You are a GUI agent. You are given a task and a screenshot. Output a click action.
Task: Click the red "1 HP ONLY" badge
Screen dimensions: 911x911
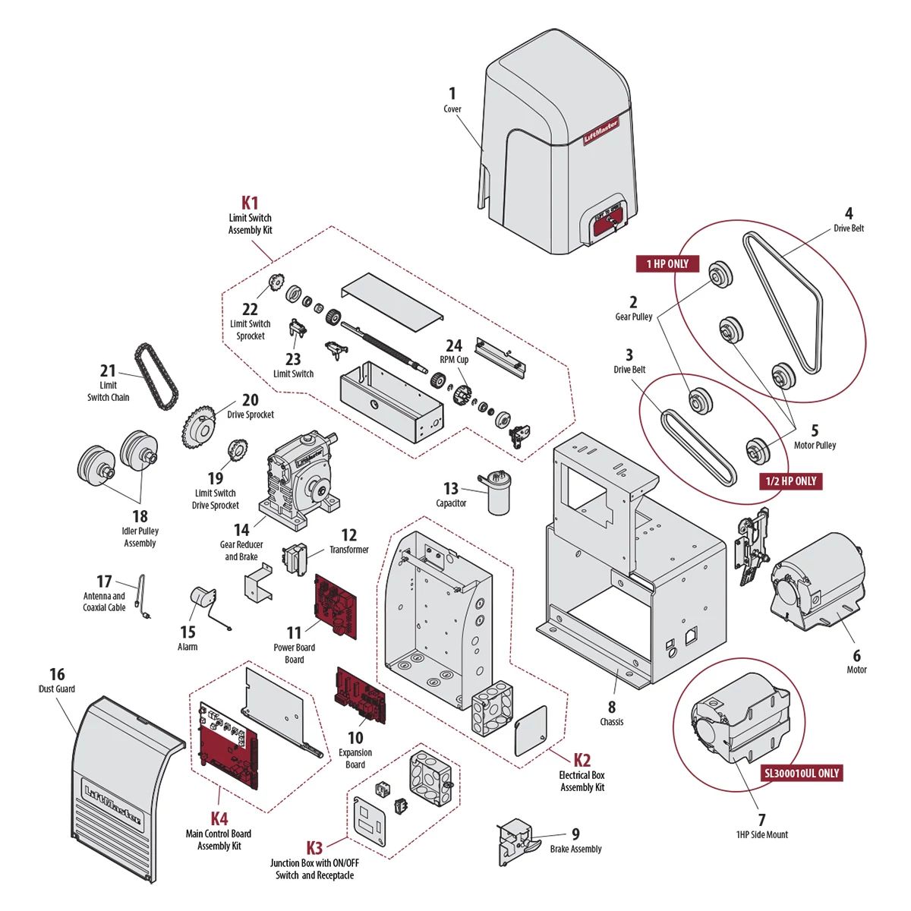[667, 263]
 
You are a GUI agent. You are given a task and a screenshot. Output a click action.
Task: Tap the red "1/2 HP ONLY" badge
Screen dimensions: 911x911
[790, 481]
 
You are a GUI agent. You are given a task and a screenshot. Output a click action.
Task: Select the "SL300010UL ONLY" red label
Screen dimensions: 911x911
[802, 773]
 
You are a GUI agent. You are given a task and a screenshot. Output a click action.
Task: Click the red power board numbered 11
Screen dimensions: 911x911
[336, 606]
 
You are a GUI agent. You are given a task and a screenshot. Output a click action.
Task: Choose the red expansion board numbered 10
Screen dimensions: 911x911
[361, 697]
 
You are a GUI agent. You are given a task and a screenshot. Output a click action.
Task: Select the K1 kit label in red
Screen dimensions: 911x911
[250, 203]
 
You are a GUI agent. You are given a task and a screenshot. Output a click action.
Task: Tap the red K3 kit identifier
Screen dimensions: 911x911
[314, 848]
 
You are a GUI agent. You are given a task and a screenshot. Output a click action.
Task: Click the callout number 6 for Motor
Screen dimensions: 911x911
[856, 655]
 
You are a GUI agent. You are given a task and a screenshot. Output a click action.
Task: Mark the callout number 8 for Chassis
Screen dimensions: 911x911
[612, 708]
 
